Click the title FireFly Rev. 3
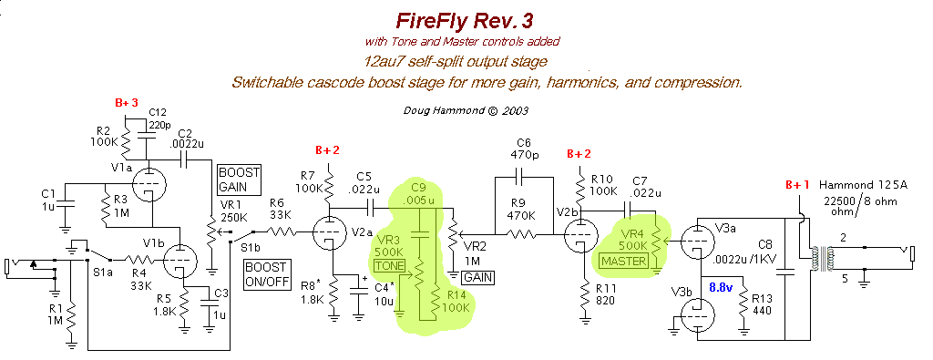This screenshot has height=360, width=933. [x=464, y=20]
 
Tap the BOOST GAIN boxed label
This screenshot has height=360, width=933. [x=240, y=180]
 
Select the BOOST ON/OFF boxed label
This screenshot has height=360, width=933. [x=265, y=275]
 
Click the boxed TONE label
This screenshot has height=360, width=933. [x=390, y=265]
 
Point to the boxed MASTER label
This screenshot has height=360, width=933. [x=623, y=262]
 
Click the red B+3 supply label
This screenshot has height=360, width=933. [x=127, y=103]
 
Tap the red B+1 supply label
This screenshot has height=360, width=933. [x=798, y=185]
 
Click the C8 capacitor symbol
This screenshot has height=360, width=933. [x=785, y=273]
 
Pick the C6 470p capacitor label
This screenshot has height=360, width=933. [x=523, y=149]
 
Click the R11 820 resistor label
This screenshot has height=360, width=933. [x=605, y=295]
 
